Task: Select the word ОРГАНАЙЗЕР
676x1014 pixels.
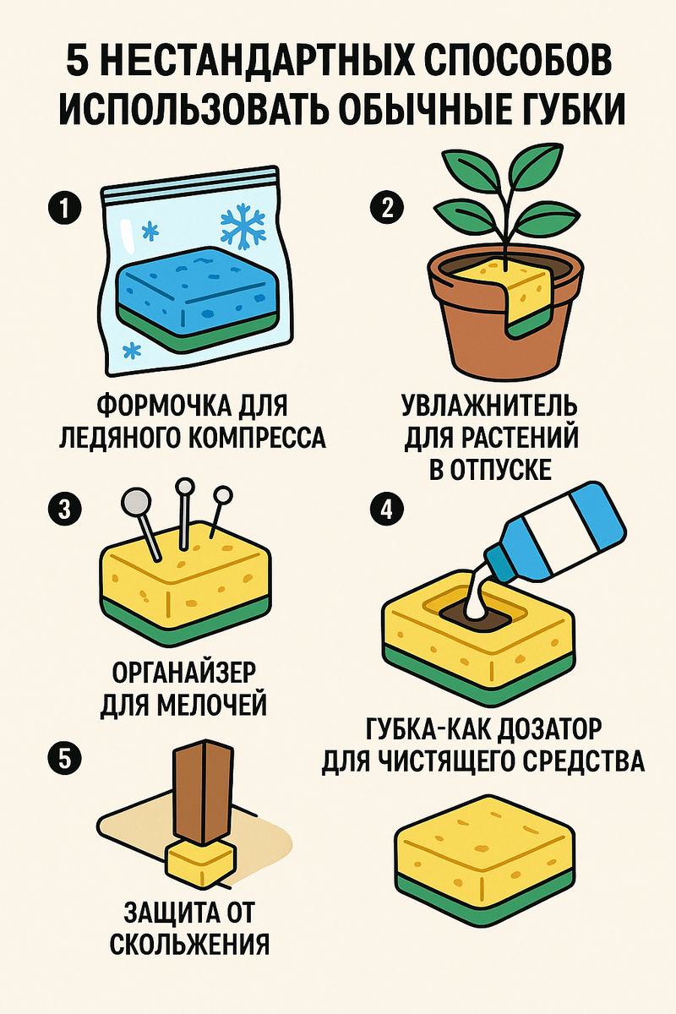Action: pyautogui.click(x=183, y=674)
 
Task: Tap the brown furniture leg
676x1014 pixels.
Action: pyautogui.click(x=203, y=794)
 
